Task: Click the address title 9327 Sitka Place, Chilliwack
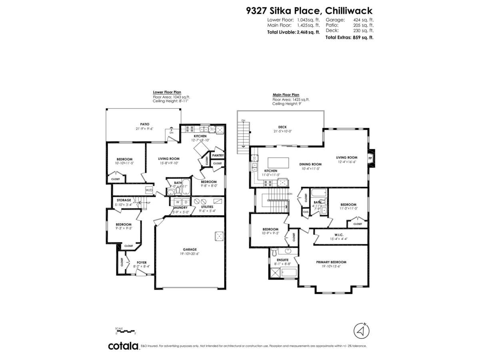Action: [x=309, y=10]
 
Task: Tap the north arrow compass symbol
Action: [x=362, y=331]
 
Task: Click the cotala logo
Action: [x=123, y=346]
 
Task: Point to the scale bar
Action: [x=126, y=331]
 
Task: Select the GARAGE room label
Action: [x=190, y=249]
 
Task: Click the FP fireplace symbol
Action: [x=370, y=158]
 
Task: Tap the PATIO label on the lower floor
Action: [x=144, y=124]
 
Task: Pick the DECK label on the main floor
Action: [x=282, y=127]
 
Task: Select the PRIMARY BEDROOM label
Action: [x=331, y=262]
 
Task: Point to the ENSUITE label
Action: [x=283, y=260]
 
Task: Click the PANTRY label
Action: [x=218, y=155]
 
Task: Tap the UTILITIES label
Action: [x=207, y=207]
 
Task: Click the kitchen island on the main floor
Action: [x=278, y=162]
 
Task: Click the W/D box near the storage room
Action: [x=149, y=190]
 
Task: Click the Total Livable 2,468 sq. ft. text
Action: [x=293, y=32]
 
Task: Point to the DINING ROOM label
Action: [x=310, y=164]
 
